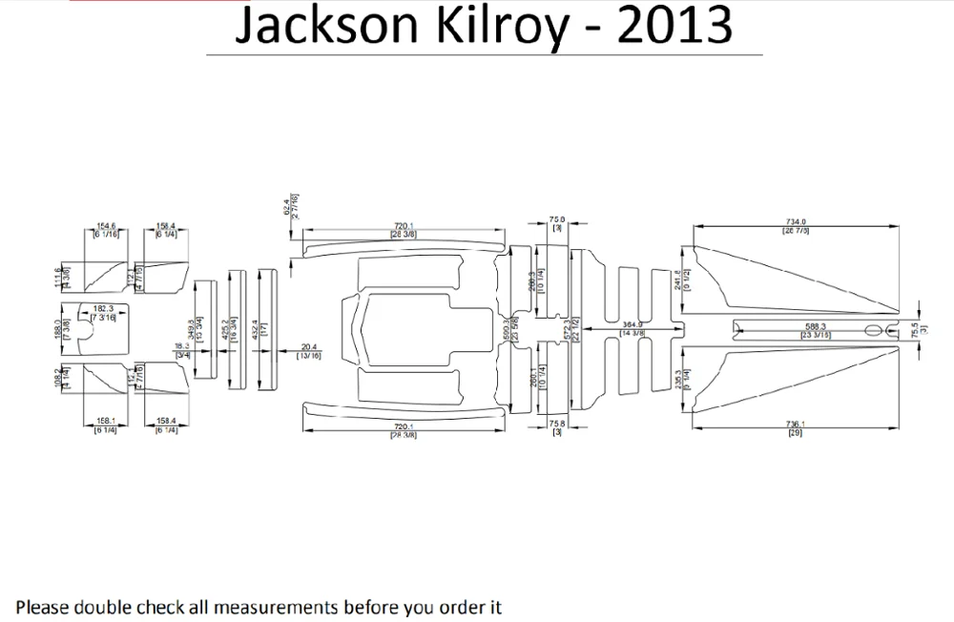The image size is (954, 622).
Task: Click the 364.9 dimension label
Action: click(x=633, y=325)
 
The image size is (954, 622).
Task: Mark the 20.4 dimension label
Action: click(x=309, y=347)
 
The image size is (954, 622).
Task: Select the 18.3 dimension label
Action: click(x=180, y=347)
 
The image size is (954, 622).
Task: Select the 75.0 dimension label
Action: click(x=557, y=219)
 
